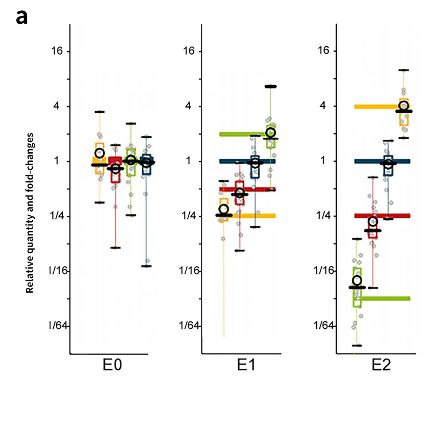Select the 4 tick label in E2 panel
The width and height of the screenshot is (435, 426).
325,106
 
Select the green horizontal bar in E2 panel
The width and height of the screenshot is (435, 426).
385,298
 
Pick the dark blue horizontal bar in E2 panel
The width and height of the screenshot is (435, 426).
382,161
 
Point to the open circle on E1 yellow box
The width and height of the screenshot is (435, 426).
224,209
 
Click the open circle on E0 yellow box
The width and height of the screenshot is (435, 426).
99,153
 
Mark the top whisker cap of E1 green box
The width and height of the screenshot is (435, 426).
270,86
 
